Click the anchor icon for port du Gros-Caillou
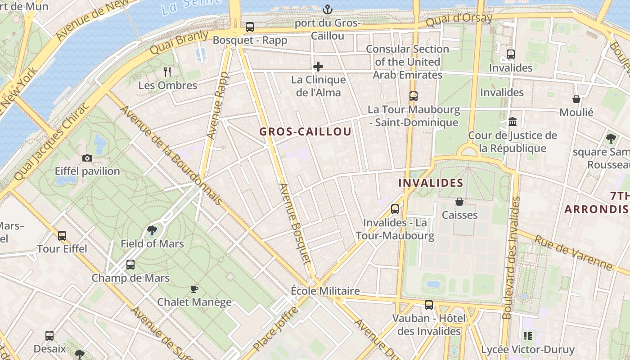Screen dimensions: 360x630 pos(328,9)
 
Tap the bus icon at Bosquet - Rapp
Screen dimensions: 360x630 pos(250,27)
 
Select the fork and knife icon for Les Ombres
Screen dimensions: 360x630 pos(167,72)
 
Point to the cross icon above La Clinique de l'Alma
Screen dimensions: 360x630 pos(318,67)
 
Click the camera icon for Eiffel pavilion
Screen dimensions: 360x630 pos(87,158)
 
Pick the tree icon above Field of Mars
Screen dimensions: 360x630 pos(152,230)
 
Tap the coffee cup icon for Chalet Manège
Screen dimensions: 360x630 pos(194,289)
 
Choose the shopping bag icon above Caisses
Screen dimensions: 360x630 pos(459,202)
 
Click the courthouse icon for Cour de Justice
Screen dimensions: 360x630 pos(512,122)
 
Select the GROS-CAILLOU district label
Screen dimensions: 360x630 pos(305,132)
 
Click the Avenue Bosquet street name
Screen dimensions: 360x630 pos(295,224)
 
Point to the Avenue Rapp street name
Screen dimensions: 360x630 pos(218,105)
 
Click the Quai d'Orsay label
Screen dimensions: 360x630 pos(459,19)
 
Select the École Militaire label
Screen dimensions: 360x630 pos(325,291)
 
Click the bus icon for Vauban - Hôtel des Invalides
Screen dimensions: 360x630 pos(429,305)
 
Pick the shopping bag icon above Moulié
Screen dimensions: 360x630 pos(576,99)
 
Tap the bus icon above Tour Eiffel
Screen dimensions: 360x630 pos(62,235)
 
